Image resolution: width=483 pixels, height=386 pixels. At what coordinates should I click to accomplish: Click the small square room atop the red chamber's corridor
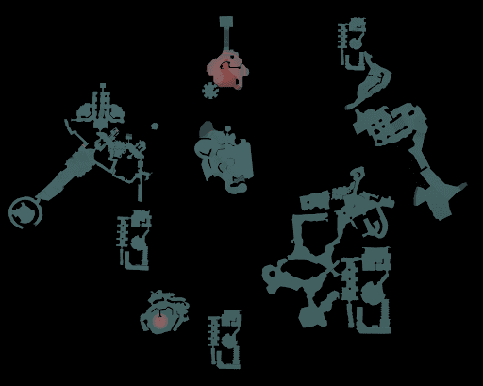pyautogui.click(x=226, y=21)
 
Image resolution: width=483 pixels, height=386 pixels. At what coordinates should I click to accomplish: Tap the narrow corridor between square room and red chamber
pyautogui.click(x=226, y=40)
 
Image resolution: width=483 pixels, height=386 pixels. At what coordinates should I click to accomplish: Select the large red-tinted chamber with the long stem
pyautogui.click(x=225, y=72)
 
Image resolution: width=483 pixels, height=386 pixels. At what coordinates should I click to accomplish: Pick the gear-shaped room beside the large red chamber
pyautogui.click(x=209, y=91)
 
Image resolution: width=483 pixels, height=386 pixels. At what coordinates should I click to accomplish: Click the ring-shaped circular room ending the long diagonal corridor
pyautogui.click(x=24, y=211)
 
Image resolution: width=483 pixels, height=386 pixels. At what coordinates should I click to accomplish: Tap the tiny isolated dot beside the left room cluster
pyautogui.click(x=155, y=126)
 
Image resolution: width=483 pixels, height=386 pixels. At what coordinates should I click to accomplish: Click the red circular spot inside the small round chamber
pyautogui.click(x=161, y=322)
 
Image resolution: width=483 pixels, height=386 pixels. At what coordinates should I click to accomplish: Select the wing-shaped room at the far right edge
pyautogui.click(x=440, y=197)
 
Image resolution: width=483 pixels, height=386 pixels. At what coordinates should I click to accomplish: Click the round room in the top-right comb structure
pyautogui.click(x=356, y=42)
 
